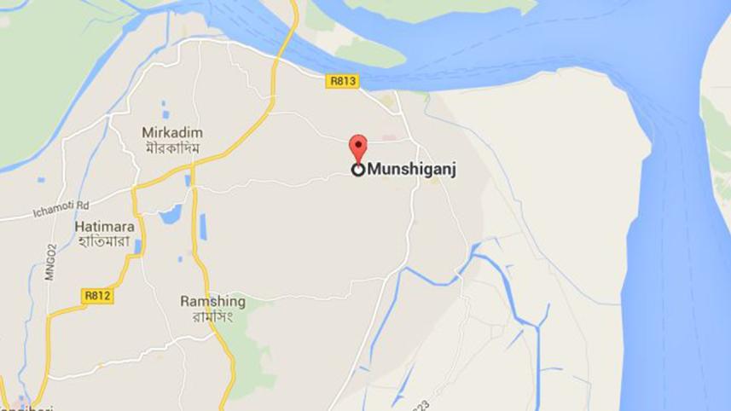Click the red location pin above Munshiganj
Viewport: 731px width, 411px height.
coord(359,146)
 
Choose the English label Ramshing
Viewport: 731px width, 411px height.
coord(212,301)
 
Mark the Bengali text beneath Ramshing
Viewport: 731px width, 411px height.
coord(212,316)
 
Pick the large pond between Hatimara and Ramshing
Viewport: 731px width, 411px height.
coord(170,214)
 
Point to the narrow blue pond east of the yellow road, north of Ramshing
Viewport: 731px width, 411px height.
coord(203,226)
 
